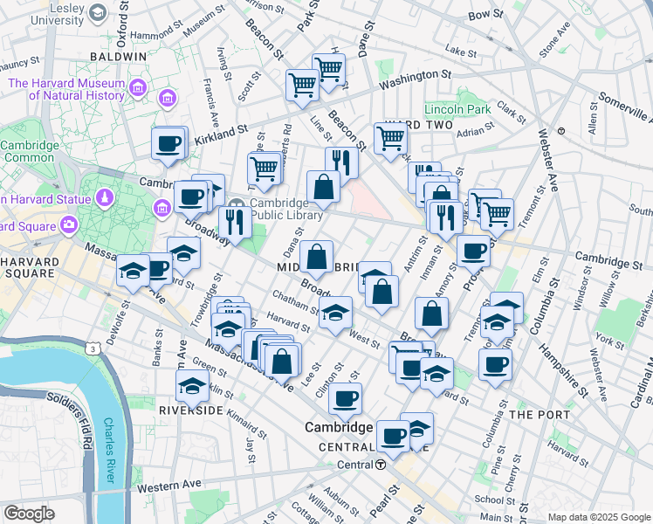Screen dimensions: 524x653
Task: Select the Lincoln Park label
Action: click(457, 110)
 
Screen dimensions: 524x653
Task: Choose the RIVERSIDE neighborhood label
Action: click(192, 409)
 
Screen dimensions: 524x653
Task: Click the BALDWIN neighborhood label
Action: click(118, 56)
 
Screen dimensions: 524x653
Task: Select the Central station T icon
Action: click(381, 465)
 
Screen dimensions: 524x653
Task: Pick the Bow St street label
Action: click(486, 15)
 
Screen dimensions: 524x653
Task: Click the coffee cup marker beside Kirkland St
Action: click(169, 143)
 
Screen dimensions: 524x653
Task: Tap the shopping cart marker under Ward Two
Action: click(390, 136)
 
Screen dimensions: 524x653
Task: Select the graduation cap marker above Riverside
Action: click(192, 383)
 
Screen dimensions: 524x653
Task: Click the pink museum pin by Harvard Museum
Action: click(138, 87)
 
